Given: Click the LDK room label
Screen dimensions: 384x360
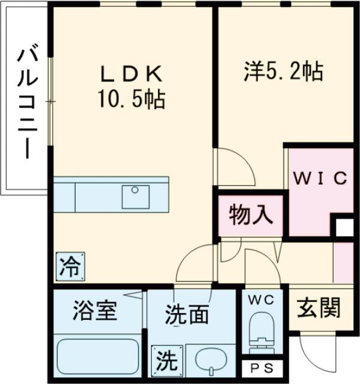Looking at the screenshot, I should click(x=131, y=74).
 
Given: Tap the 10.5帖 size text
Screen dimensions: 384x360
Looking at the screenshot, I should click(x=131, y=98).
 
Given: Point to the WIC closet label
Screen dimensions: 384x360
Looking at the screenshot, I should click(x=320, y=179).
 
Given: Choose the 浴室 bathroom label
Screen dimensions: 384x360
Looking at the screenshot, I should click(x=95, y=312).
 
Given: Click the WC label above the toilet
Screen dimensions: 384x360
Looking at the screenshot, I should click(x=262, y=298).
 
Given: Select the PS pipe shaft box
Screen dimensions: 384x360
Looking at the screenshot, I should click(x=262, y=368).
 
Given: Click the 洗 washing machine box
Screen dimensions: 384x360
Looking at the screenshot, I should click(x=164, y=361).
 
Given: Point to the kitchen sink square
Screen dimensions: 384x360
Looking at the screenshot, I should click(x=136, y=196).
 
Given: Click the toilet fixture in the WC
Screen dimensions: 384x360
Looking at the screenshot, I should click(x=262, y=336).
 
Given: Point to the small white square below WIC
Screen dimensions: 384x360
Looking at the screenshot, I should click(x=344, y=229).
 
